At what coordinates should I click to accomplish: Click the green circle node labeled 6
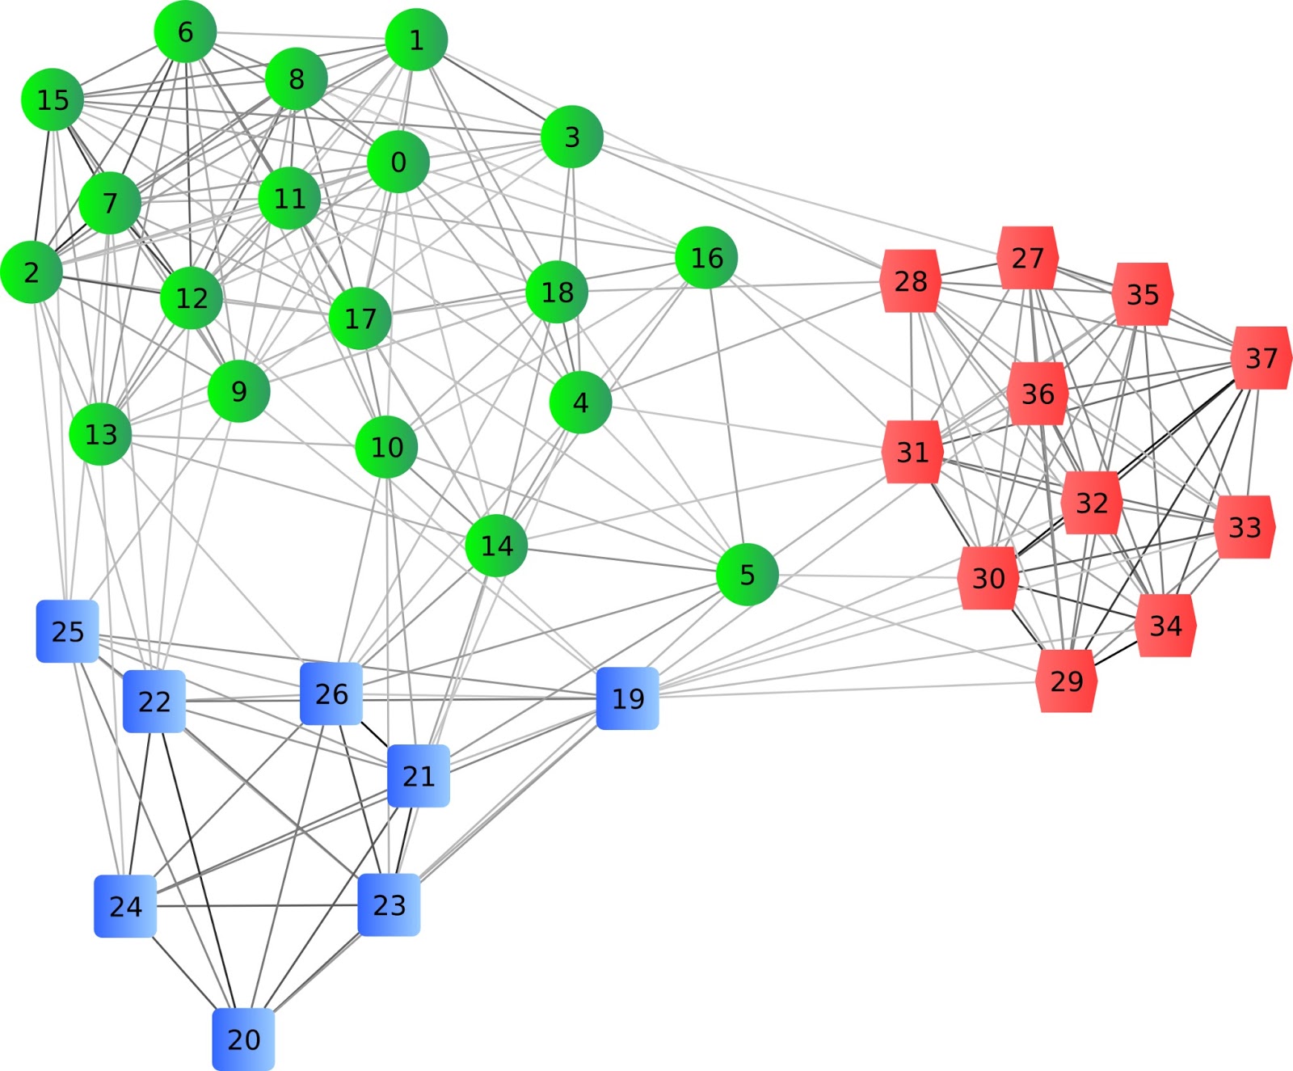185,32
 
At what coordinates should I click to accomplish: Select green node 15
53,100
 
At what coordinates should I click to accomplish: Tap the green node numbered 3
572,137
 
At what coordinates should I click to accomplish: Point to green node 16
706,258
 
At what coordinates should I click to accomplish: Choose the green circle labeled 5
747,575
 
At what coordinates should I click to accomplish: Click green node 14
496,546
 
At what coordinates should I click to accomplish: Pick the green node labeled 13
101,434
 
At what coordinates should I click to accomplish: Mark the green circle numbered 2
32,272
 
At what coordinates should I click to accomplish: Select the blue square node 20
243,1039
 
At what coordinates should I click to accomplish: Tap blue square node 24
125,906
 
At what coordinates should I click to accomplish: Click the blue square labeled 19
628,698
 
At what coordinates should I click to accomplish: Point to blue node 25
67,631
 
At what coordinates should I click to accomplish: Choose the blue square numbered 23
389,904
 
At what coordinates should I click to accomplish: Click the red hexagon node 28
911,281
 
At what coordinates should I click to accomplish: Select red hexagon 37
1261,358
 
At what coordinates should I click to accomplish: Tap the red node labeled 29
1066,681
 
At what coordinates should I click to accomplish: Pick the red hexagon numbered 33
1244,527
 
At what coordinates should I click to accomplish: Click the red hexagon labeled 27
1027,258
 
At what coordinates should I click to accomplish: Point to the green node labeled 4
580,403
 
